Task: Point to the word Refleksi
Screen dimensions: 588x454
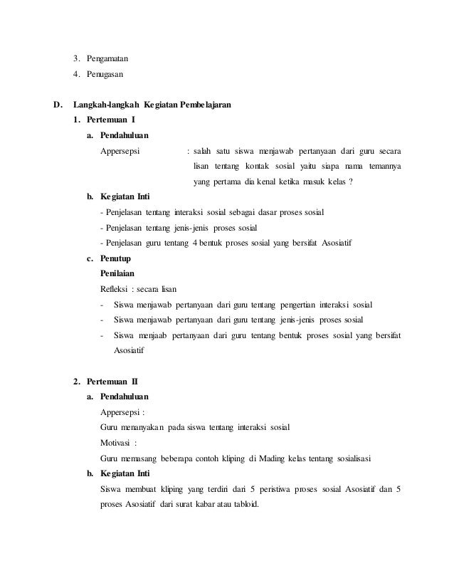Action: pyautogui.click(x=117, y=289)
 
